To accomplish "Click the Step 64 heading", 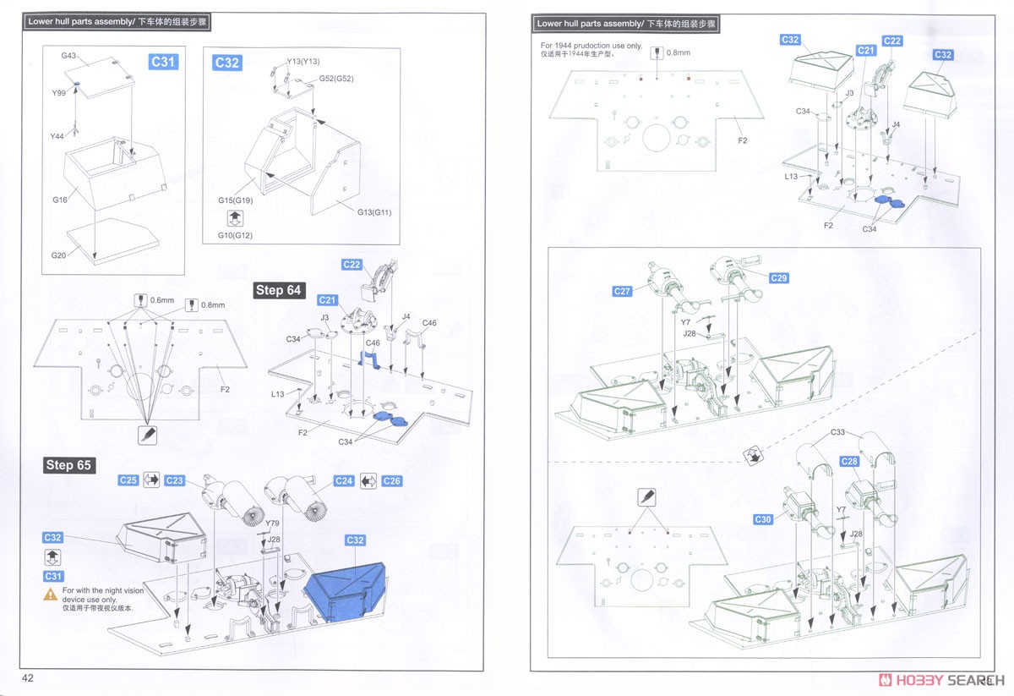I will (x=278, y=290).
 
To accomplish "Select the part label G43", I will (x=68, y=56).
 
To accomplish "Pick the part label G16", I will (x=59, y=200).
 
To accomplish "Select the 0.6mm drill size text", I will (x=161, y=301).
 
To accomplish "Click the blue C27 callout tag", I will (x=623, y=292).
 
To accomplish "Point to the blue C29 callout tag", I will (x=778, y=278).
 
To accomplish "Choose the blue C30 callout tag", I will (x=763, y=519).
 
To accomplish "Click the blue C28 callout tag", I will (x=849, y=462).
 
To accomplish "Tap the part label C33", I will (x=837, y=432).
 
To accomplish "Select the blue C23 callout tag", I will (x=174, y=480).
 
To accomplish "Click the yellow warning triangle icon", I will (x=51, y=595).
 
